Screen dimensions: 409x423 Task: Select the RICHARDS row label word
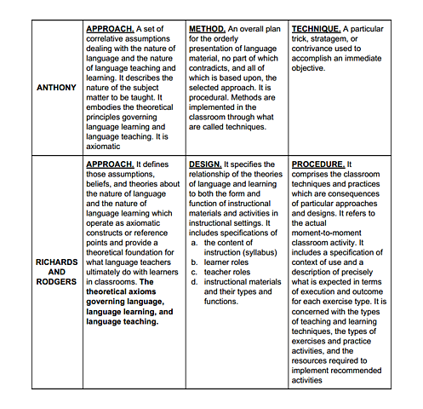[57, 262]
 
